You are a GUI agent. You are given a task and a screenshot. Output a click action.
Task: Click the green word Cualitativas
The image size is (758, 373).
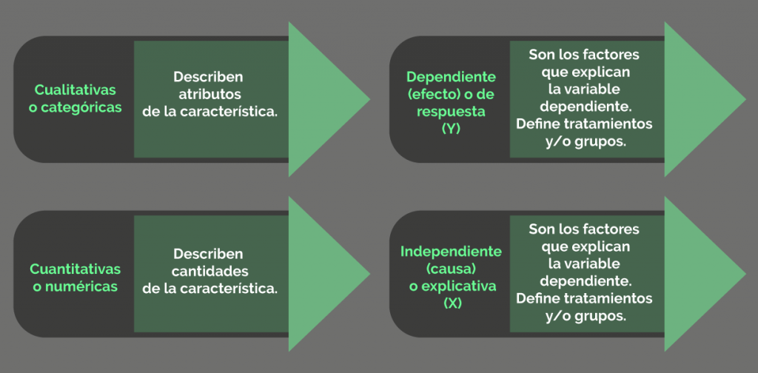pyautogui.click(x=76, y=90)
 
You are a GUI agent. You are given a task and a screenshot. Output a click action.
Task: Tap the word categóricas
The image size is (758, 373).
pyautogui.click(x=81, y=108)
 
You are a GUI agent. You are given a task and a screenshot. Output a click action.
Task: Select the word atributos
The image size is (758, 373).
pyautogui.click(x=208, y=94)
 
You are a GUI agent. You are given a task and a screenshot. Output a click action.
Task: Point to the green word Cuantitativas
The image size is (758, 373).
pyautogui.click(x=76, y=269)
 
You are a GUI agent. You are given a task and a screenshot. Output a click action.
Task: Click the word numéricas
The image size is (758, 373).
pyautogui.click(x=81, y=286)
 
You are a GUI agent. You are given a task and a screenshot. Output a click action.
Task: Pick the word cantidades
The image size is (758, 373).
pyautogui.click(x=210, y=271)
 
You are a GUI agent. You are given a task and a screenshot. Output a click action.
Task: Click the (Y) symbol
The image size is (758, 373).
pyautogui.click(x=451, y=129)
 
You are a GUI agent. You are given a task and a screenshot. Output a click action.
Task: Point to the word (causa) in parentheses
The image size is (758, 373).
pyautogui.click(x=452, y=269)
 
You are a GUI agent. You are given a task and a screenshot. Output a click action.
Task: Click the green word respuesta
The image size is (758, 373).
pyautogui.click(x=451, y=112)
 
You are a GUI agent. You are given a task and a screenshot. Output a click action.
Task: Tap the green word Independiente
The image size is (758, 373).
pyautogui.click(x=451, y=251)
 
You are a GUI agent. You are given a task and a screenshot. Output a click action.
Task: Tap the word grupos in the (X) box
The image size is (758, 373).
pyautogui.click(x=597, y=317)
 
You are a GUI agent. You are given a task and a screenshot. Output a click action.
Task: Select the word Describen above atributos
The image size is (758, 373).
pyautogui.click(x=208, y=76)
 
